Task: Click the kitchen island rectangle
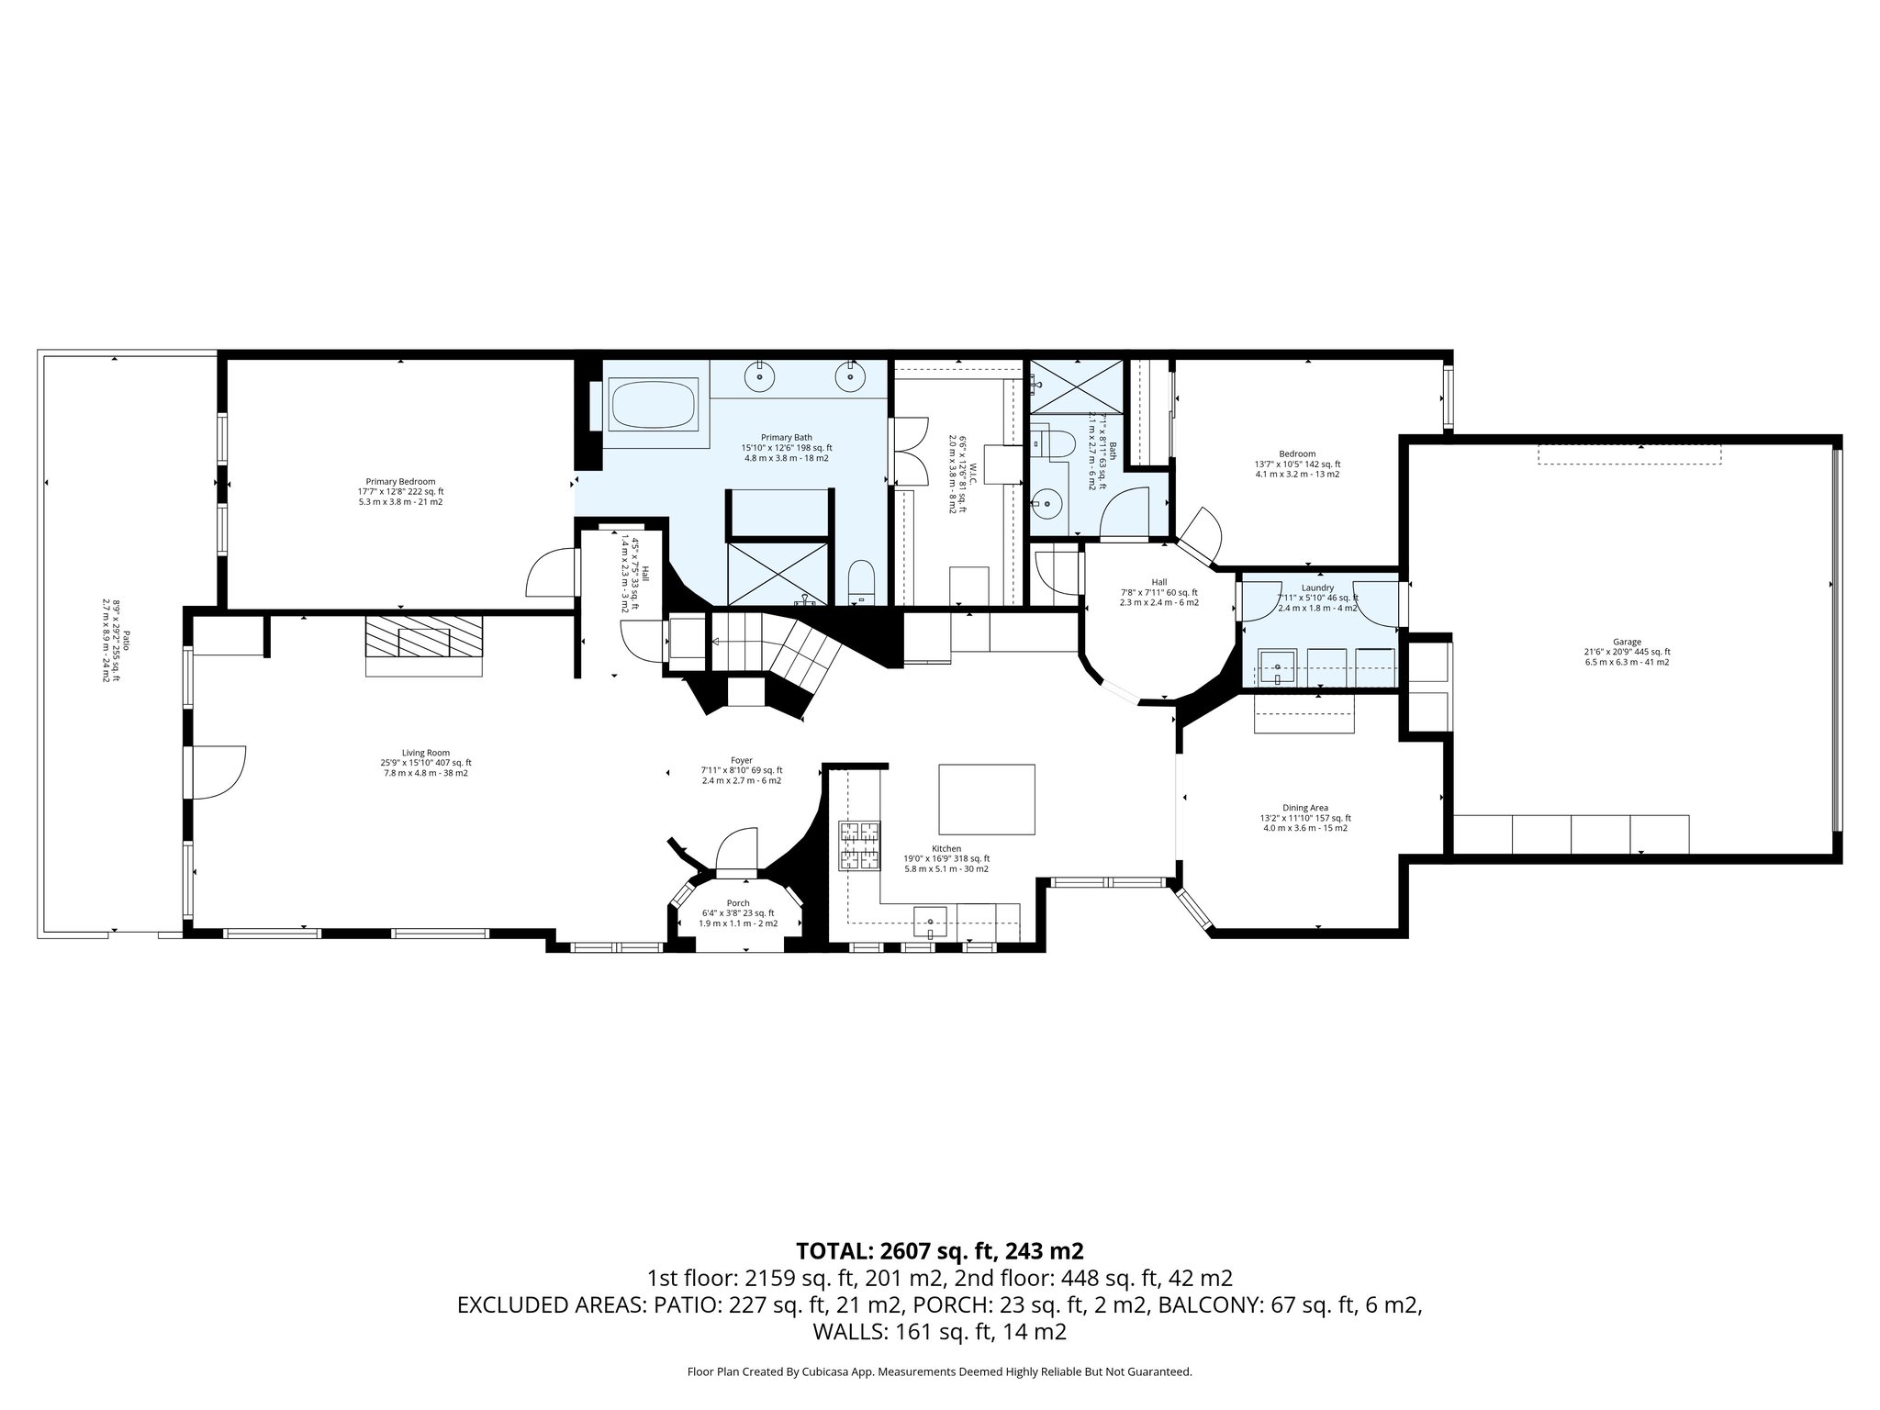pos(986,799)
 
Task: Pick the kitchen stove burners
pos(857,845)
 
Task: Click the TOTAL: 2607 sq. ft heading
pos(939,1250)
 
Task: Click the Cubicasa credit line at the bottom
pos(939,1371)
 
